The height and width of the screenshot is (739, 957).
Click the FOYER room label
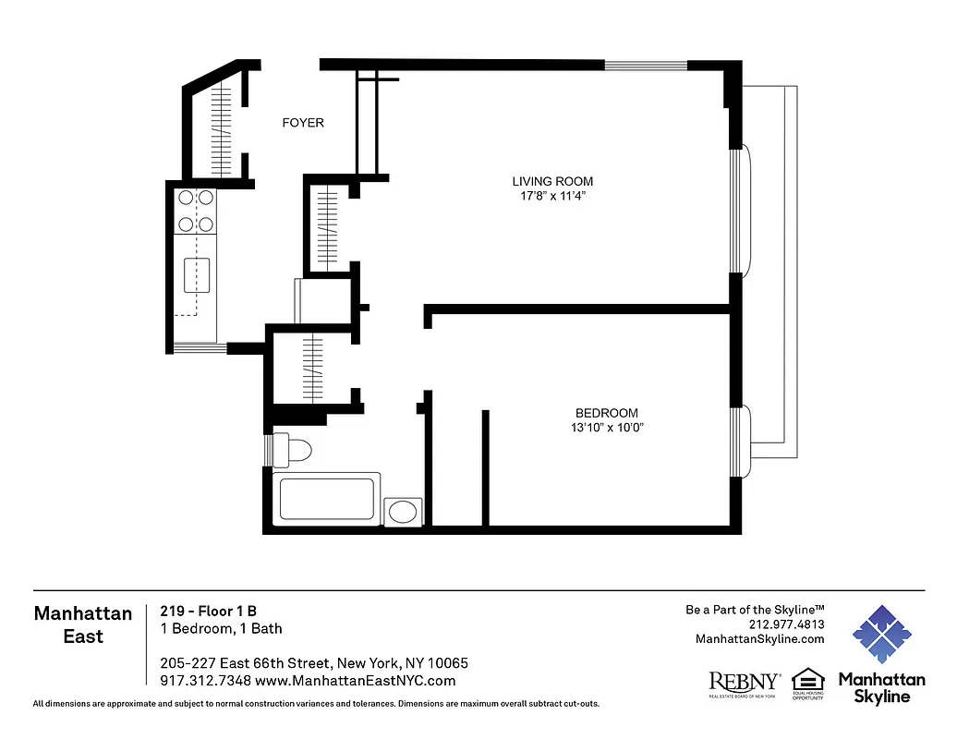click(303, 123)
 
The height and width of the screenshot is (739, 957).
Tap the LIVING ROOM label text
click(553, 181)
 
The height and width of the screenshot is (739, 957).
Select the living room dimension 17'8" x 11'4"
click(553, 196)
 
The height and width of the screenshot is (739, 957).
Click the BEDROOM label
click(606, 413)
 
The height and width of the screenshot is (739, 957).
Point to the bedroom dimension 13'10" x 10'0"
click(606, 428)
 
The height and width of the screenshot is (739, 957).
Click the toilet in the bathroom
click(295, 450)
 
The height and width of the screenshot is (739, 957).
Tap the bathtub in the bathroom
click(329, 499)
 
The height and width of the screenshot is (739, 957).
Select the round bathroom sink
click(403, 512)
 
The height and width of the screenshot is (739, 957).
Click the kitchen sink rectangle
click(197, 275)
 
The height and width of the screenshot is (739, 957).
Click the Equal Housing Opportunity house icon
click(807, 680)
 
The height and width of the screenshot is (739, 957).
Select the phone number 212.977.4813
click(787, 624)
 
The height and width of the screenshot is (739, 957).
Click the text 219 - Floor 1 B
click(208, 611)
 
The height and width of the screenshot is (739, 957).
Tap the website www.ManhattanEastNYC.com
click(356, 681)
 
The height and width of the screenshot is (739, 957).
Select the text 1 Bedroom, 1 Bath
click(221, 629)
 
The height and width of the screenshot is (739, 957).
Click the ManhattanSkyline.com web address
click(759, 639)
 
